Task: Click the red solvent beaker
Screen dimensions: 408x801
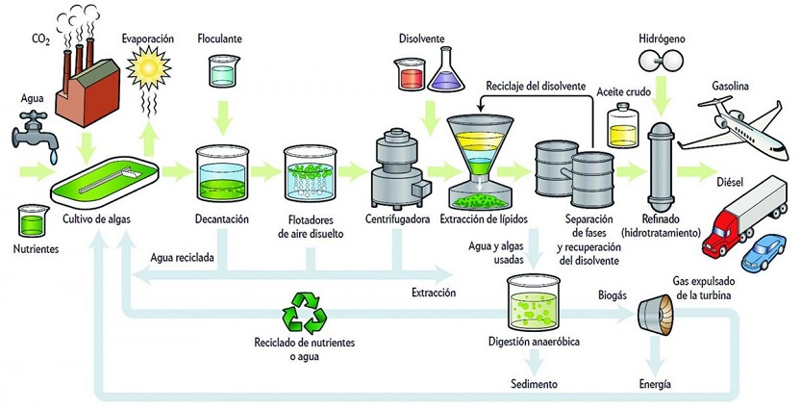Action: (x=406, y=71)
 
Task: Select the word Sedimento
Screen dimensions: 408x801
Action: (x=534, y=384)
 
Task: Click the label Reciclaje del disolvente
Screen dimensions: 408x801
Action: (x=536, y=87)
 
